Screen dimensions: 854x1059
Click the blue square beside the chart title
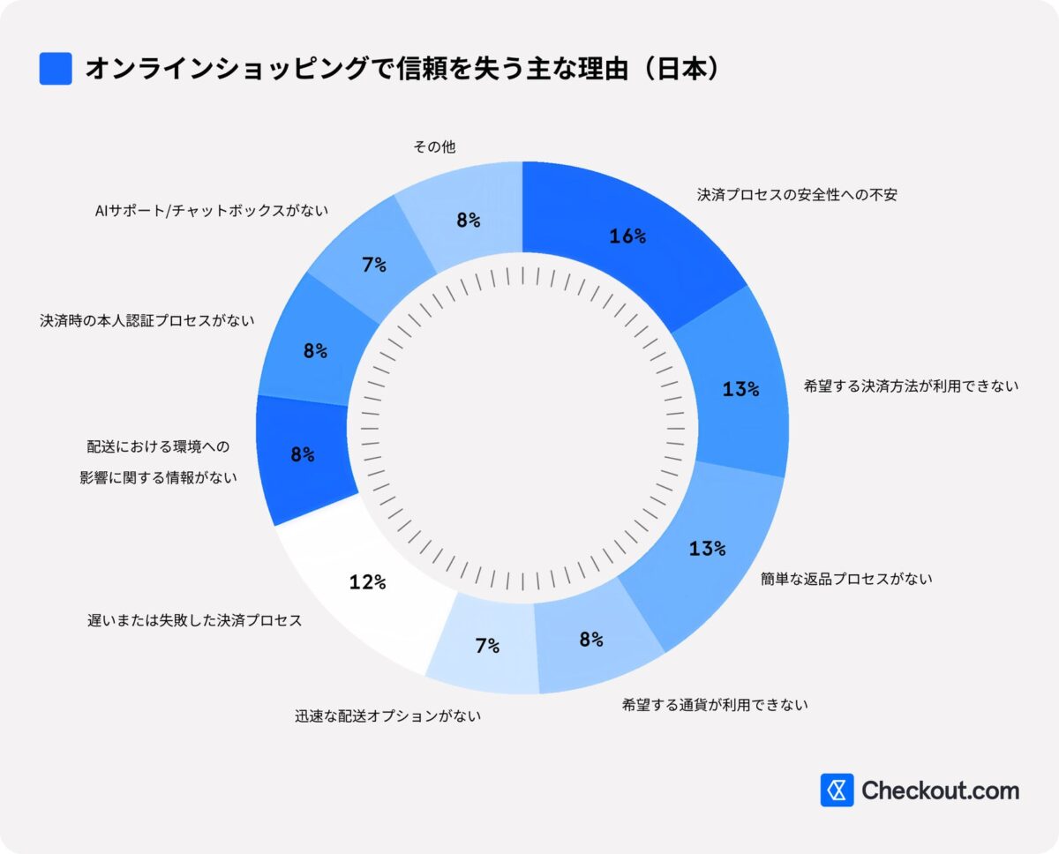pyautogui.click(x=56, y=69)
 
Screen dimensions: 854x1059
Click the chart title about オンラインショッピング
pyautogui.click(x=402, y=70)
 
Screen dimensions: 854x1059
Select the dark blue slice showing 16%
pyautogui.click(x=628, y=236)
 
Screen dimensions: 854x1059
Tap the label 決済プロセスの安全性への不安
pyautogui.click(x=797, y=195)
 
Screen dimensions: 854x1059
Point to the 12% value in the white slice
pyautogui.click(x=367, y=581)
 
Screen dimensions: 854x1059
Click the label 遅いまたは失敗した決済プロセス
pyautogui.click(x=195, y=620)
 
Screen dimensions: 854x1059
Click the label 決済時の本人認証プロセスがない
pyautogui.click(x=146, y=320)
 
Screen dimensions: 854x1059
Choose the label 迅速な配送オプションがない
pyautogui.click(x=387, y=716)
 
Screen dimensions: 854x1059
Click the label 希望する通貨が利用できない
pyautogui.click(x=715, y=704)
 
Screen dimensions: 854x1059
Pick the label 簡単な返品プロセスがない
pyautogui.click(x=846, y=579)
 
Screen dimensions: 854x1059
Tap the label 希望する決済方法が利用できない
pyautogui.click(x=911, y=386)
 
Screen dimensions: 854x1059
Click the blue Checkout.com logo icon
pyautogui.click(x=837, y=790)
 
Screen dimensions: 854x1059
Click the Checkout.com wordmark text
pyautogui.click(x=940, y=790)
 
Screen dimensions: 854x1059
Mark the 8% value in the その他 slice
pyautogui.click(x=469, y=221)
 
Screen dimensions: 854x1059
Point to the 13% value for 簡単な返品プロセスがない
pyautogui.click(x=707, y=548)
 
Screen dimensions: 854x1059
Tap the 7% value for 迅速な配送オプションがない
pyautogui.click(x=487, y=645)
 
